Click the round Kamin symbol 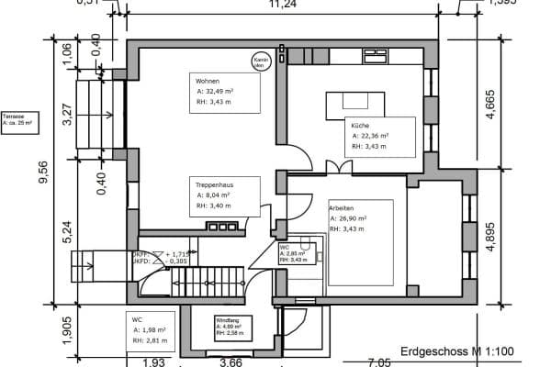260,61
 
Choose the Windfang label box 231,325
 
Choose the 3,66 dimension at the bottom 231,361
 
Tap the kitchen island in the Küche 354,102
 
